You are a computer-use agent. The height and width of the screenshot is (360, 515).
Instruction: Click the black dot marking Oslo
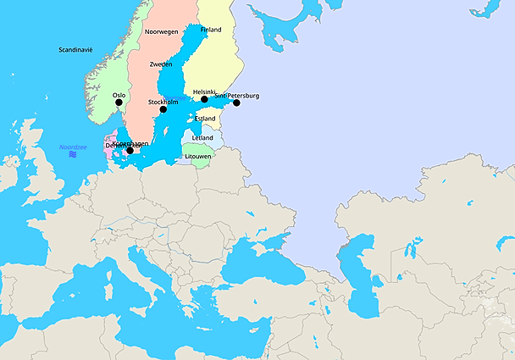click(x=119, y=102)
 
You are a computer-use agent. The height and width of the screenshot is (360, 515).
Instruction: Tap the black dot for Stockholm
click(x=163, y=109)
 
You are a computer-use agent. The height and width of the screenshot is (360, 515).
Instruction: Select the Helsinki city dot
click(x=204, y=99)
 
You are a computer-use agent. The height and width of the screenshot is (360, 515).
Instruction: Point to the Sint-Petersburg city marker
click(x=237, y=103)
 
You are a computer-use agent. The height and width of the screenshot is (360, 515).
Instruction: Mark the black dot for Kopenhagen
click(x=130, y=151)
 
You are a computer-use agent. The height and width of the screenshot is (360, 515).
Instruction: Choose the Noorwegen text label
click(x=162, y=31)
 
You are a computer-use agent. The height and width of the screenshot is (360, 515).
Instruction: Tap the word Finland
click(x=211, y=30)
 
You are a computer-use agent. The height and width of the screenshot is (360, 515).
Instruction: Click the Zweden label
click(x=161, y=64)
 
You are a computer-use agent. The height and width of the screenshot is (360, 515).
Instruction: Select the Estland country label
click(x=204, y=119)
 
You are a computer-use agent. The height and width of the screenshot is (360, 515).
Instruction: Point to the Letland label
click(x=203, y=137)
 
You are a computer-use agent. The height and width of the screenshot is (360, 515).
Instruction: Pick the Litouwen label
click(x=197, y=157)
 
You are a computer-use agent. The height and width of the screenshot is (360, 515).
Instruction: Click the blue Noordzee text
click(x=74, y=147)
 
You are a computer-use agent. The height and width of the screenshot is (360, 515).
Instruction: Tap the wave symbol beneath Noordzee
click(x=74, y=155)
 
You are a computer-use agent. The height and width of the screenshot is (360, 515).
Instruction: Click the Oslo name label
click(x=119, y=95)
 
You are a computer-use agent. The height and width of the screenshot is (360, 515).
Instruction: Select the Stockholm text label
click(x=163, y=102)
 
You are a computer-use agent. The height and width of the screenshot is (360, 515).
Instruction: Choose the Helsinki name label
click(x=205, y=91)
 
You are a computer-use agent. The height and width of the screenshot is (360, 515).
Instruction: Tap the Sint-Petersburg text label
click(x=237, y=96)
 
